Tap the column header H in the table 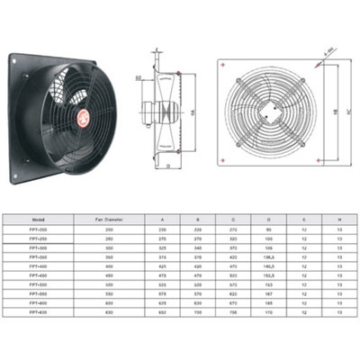click(337, 218)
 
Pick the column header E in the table click(304, 218)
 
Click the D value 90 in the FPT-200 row click(267, 229)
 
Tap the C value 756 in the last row click(234, 313)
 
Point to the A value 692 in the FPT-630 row click(162, 313)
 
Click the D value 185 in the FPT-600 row click(267, 303)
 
